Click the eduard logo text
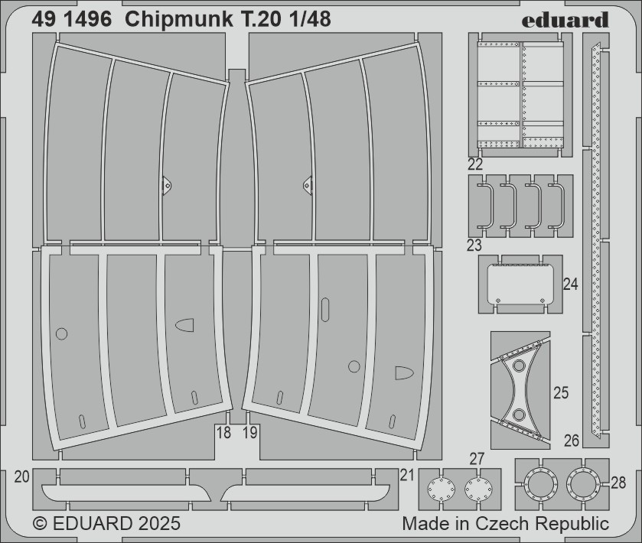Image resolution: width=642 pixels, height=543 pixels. [565, 20]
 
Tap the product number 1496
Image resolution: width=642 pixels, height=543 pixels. [86, 20]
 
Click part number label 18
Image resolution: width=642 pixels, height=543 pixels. [223, 433]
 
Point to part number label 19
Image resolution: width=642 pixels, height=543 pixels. [249, 433]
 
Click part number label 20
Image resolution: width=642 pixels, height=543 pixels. [21, 476]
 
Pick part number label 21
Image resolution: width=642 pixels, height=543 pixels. [407, 475]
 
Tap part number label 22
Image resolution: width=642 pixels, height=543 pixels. [475, 164]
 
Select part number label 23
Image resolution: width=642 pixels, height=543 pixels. [474, 245]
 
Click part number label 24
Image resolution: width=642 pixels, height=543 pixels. [571, 284]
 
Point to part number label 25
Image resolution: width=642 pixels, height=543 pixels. [561, 393]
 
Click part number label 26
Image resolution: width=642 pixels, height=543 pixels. [572, 441]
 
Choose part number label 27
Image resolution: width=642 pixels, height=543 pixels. [477, 459]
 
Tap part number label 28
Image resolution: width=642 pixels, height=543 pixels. [618, 483]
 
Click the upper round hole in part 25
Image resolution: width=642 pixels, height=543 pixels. [519, 366]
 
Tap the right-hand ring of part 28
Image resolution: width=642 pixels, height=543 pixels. [583, 484]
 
